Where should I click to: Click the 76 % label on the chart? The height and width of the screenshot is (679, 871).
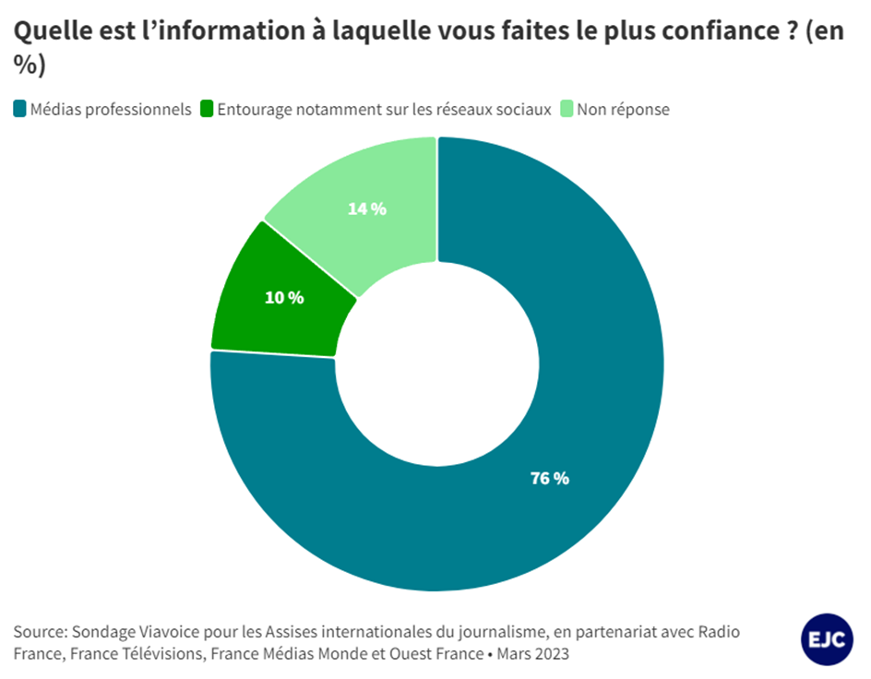pos(549,478)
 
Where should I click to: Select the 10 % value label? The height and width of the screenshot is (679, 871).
pos(285,297)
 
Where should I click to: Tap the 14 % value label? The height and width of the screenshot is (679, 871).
pos(366,208)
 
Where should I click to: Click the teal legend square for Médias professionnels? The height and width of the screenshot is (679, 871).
pos(19,109)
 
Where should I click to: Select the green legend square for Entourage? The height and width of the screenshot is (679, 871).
pos(206,109)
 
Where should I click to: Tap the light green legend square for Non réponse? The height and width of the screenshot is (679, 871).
pos(566,109)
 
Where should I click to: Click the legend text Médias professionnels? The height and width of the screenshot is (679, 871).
pos(111,109)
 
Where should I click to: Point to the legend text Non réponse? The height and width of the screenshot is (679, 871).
pos(624,109)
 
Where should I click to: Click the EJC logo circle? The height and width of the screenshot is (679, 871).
pos(827,638)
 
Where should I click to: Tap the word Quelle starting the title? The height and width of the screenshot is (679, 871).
pos(51,30)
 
